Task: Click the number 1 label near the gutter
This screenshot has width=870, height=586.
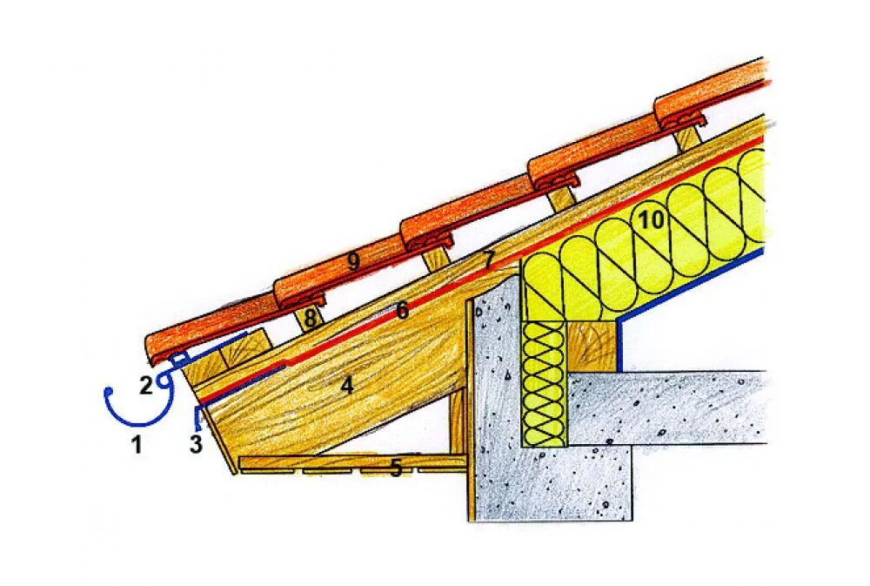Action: tap(136, 445)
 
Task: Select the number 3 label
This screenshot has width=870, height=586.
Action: tap(196, 445)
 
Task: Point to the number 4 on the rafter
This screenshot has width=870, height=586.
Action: tap(347, 384)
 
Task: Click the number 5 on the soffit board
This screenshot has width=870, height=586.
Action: tap(396, 469)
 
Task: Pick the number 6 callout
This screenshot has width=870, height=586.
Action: tap(401, 310)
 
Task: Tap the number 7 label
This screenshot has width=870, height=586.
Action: tap(488, 259)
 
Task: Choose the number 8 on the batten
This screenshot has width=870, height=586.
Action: tap(310, 319)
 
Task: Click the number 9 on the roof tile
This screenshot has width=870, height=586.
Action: tap(352, 261)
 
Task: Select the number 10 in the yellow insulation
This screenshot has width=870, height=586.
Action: tap(651, 219)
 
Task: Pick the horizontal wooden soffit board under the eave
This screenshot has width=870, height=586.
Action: tap(348, 462)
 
